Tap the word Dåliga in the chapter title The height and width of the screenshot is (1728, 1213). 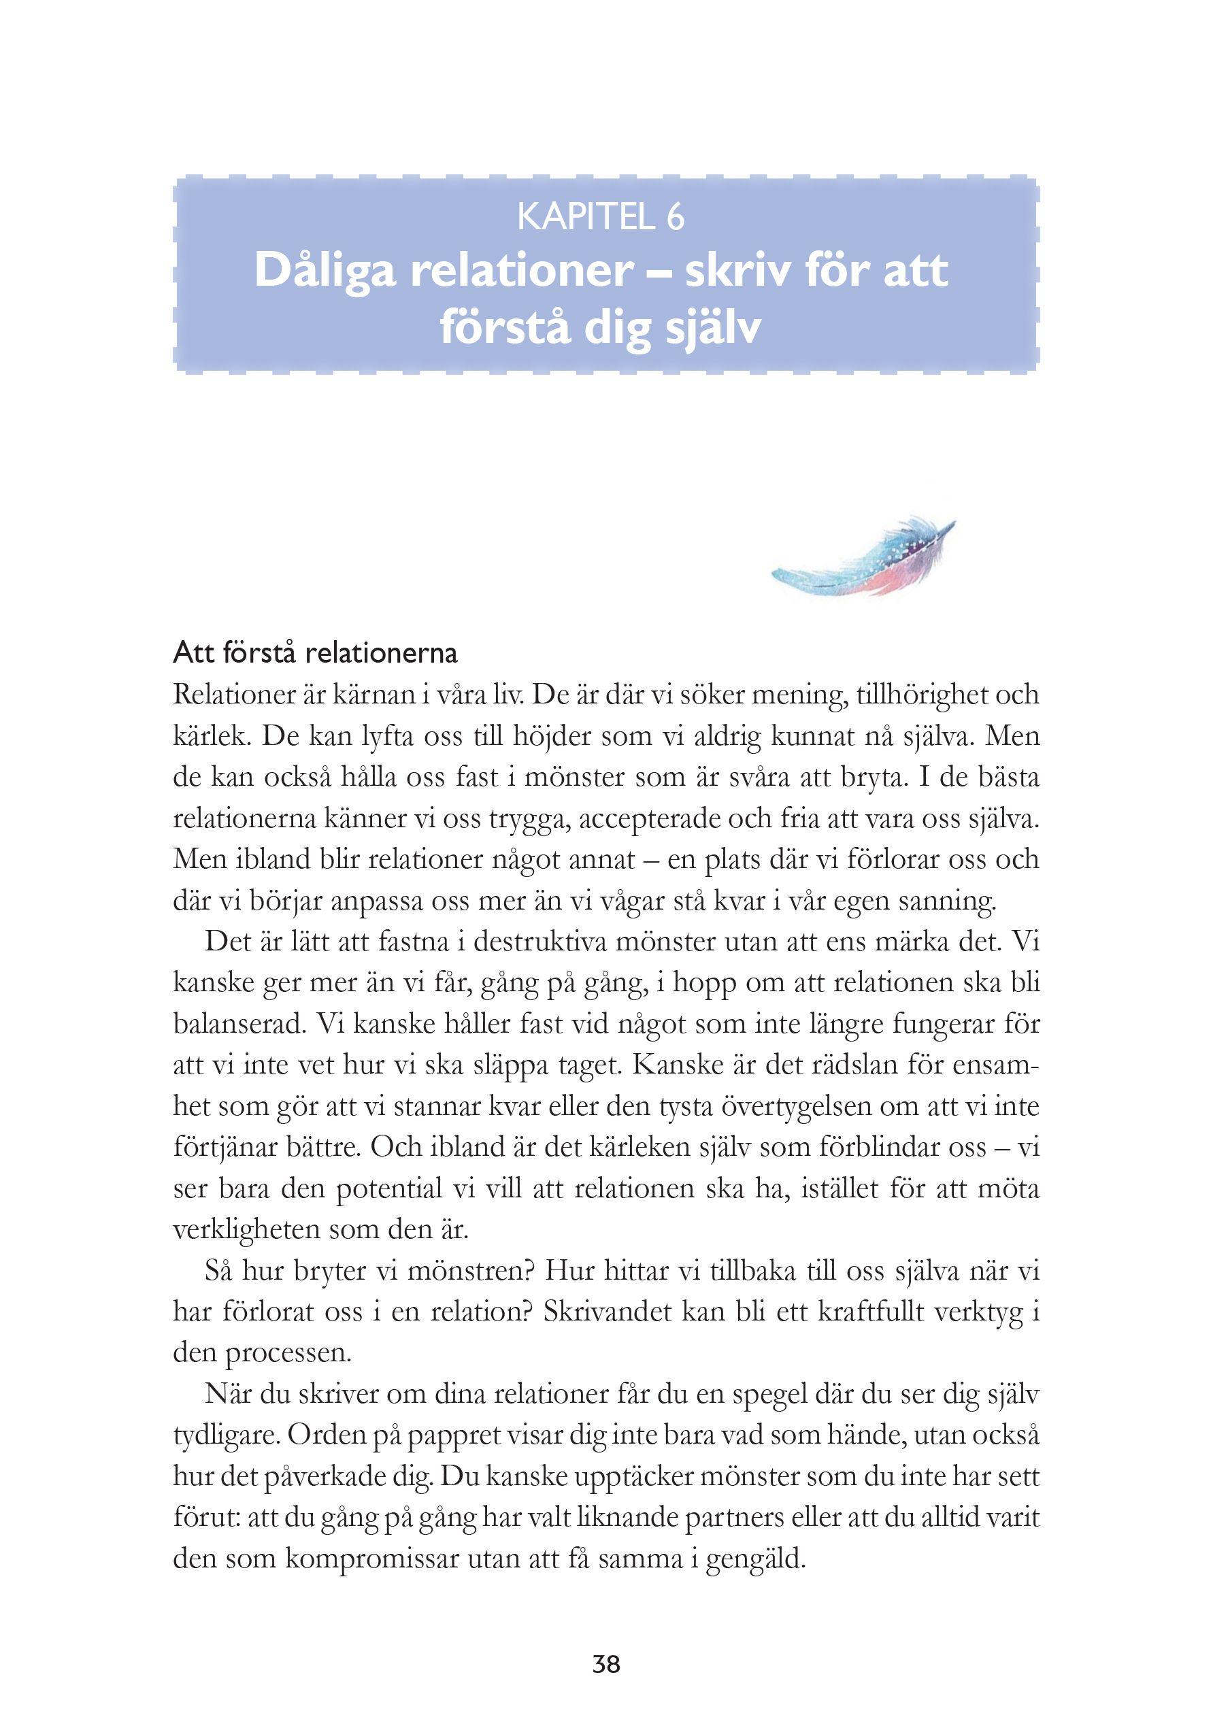(x=325, y=270)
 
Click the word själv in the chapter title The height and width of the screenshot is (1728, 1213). (x=710, y=329)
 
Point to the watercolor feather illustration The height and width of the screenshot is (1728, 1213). (x=863, y=558)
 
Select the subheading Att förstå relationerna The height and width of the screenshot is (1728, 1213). (x=315, y=652)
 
